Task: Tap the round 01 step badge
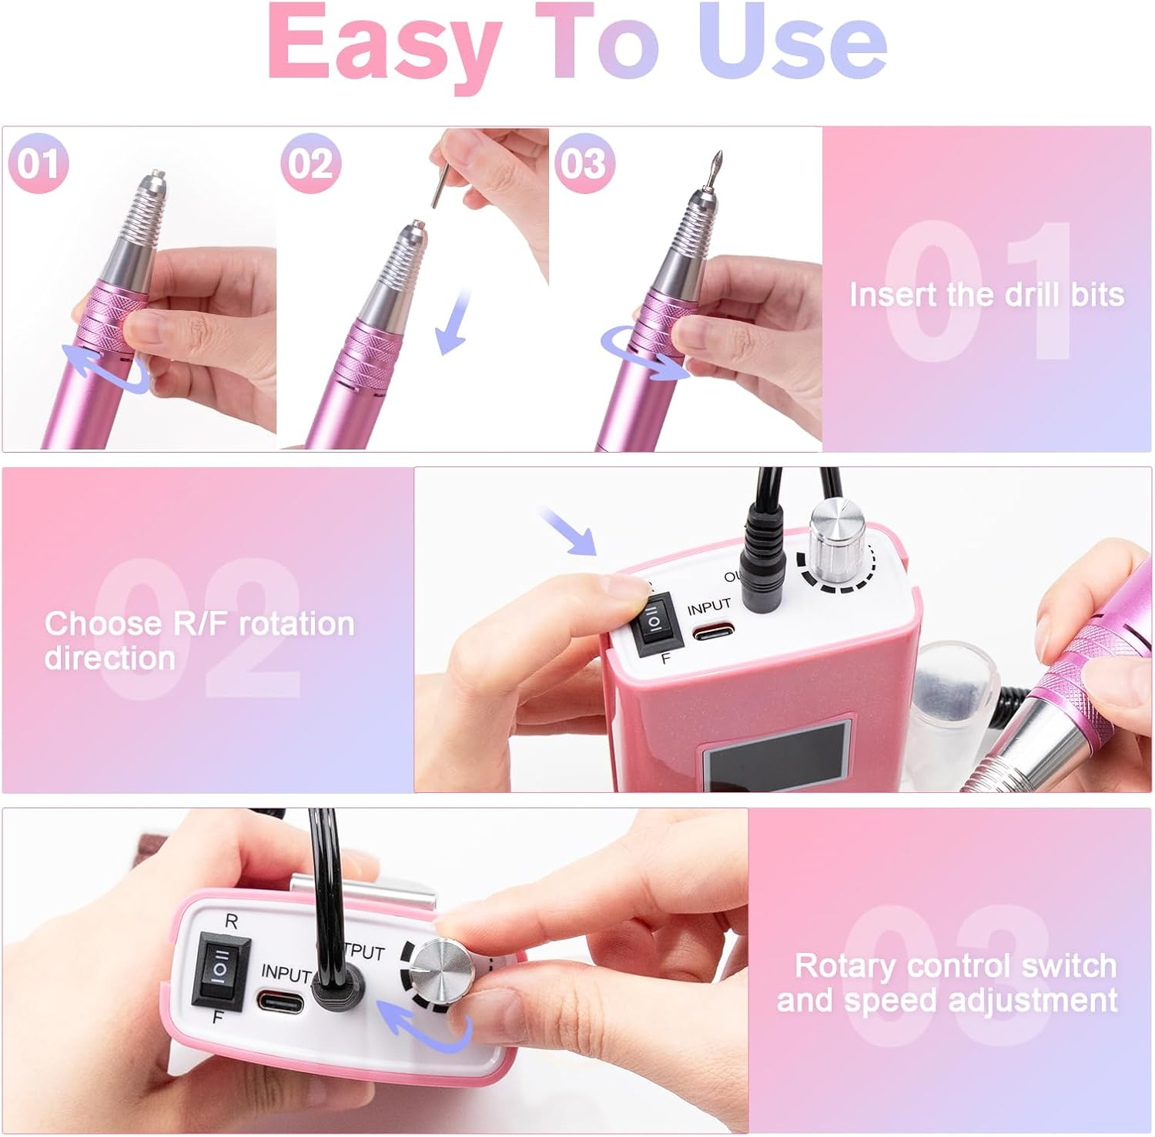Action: coord(38,163)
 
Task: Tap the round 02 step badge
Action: coord(310,163)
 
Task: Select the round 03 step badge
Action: coord(584,163)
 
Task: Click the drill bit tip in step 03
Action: coord(714,166)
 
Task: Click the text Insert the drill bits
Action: coord(986,295)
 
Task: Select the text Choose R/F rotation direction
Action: coord(199,640)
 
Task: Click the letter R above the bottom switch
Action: coord(230,921)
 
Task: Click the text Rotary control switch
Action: coord(955,965)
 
